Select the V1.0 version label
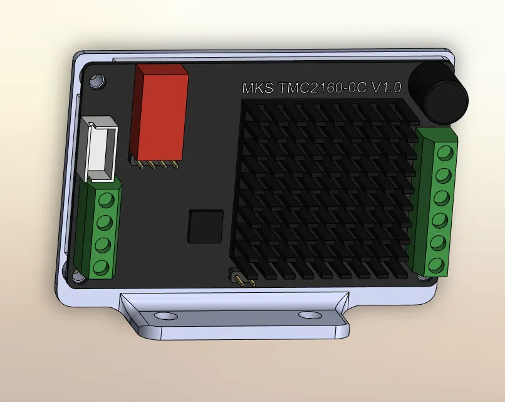386,87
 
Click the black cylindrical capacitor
444,95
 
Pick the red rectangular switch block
160,113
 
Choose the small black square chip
206,226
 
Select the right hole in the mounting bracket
308,315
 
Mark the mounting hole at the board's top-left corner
97,81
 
